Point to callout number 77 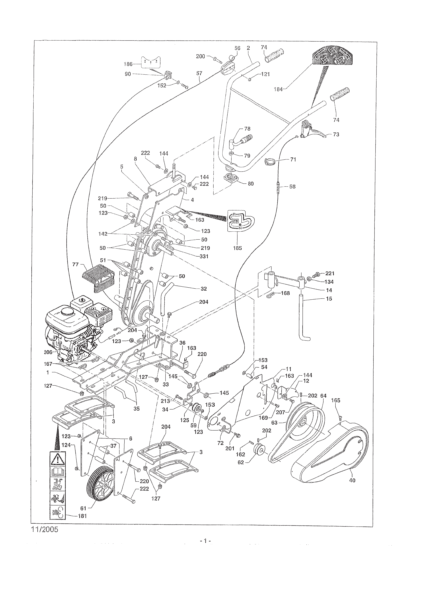(x=76, y=265)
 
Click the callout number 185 (x=237, y=248)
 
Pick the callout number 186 (x=128, y=64)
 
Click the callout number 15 (x=329, y=299)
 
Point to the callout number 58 (x=292, y=186)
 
